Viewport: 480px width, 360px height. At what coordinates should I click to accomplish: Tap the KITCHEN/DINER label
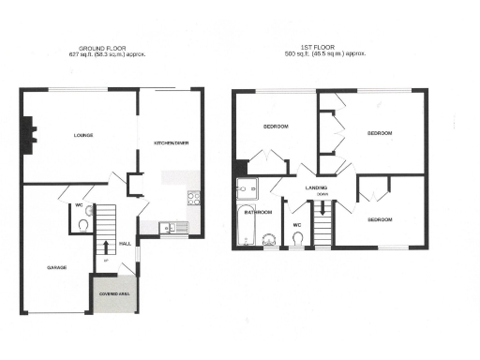pos(172,142)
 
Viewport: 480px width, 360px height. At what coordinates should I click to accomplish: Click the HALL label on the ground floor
pos(125,244)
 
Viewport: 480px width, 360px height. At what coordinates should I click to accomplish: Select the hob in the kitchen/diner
pos(194,198)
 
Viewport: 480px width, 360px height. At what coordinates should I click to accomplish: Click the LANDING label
pos(316,187)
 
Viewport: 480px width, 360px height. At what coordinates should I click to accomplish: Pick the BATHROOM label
pos(258,213)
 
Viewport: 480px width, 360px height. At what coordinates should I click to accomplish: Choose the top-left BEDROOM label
pos(275,127)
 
